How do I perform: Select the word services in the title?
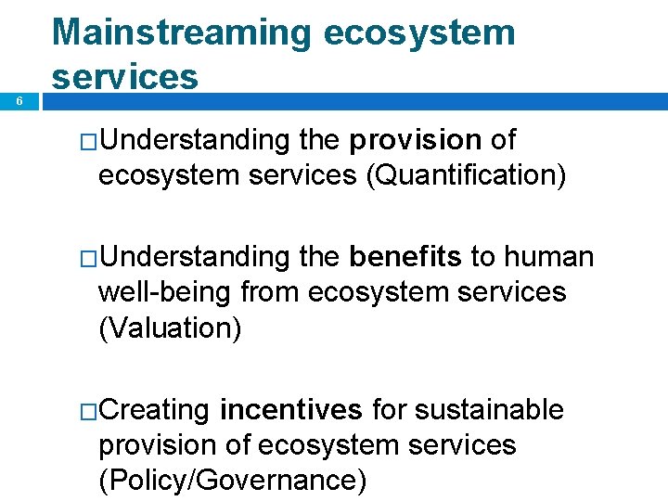(125, 76)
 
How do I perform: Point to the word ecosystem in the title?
(419, 33)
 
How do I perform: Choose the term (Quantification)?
(466, 174)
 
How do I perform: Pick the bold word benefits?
(405, 257)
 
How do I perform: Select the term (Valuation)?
(170, 328)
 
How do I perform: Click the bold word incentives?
(290, 409)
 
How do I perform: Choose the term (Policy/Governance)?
(232, 480)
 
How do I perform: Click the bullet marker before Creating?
(88, 411)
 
